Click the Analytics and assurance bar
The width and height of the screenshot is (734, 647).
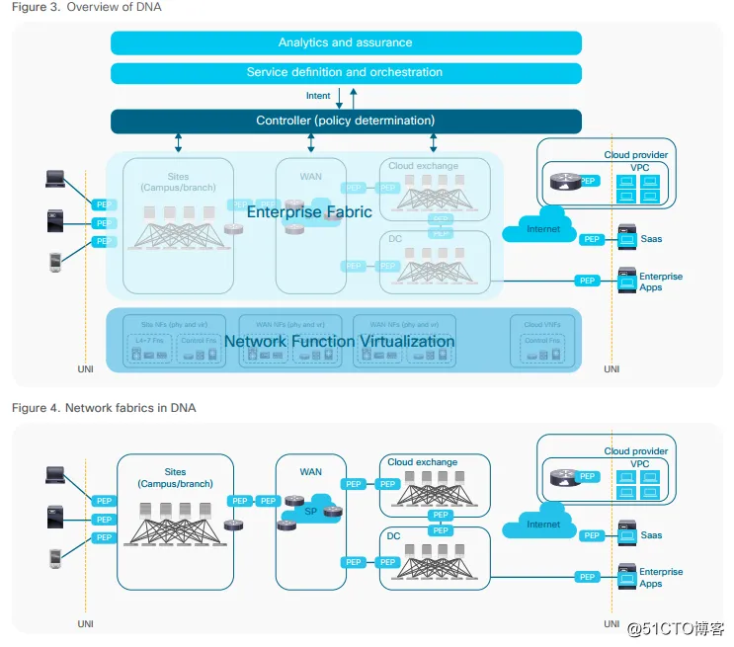[345, 42]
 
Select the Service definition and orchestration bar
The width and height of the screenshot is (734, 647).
[345, 72]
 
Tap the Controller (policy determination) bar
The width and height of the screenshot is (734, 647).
[345, 121]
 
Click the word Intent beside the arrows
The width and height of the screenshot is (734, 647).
[318, 96]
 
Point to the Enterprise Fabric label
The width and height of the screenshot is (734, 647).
[309, 211]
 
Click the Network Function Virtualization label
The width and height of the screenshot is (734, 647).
[339, 341]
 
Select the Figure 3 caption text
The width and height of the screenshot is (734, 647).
[87, 8]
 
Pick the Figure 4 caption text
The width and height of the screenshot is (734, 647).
[104, 408]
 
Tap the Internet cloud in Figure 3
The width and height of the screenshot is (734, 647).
[543, 227]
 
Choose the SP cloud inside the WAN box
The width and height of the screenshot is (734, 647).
[310, 512]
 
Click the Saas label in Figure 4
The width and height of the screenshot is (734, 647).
[652, 535]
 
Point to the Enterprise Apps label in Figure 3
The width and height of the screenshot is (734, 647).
[660, 282]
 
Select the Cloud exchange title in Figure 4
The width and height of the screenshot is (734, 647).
[423, 462]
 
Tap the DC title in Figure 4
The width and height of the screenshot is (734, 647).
[395, 534]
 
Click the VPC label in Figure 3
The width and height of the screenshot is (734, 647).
[640, 168]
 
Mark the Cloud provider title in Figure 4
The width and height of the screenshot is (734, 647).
[636, 451]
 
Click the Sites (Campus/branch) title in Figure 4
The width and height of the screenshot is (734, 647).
[176, 478]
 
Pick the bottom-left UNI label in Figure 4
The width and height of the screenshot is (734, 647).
[85, 624]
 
